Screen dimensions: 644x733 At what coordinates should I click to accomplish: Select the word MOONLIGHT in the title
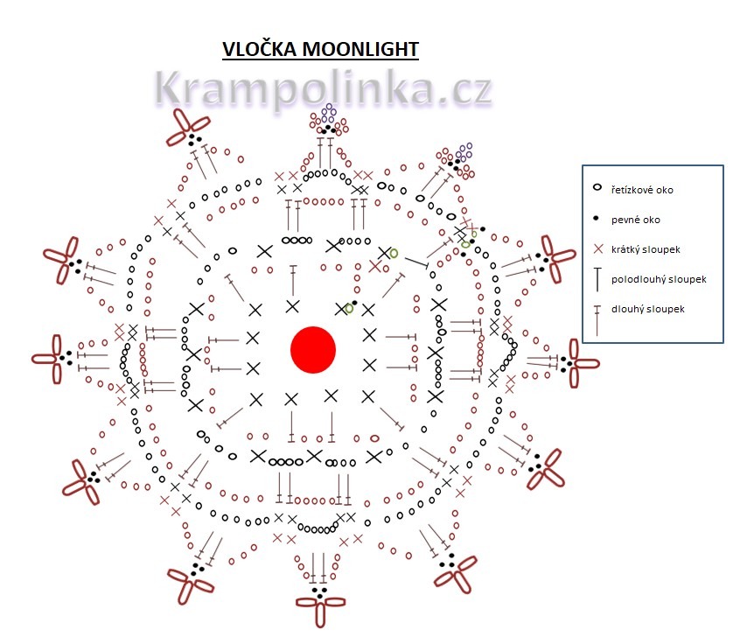360,49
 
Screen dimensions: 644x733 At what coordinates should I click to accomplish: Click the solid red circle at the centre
313,349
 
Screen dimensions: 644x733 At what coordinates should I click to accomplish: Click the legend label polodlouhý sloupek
659,279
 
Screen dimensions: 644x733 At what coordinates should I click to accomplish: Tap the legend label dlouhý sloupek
648,309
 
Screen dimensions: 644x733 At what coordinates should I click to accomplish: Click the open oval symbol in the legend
597,188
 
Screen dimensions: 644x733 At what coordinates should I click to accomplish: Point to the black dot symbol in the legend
597,219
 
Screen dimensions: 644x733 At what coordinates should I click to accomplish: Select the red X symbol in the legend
597,249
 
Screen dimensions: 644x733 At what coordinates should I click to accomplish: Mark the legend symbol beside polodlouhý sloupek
597,280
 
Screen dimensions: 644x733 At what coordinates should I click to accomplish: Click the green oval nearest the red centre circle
349,308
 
